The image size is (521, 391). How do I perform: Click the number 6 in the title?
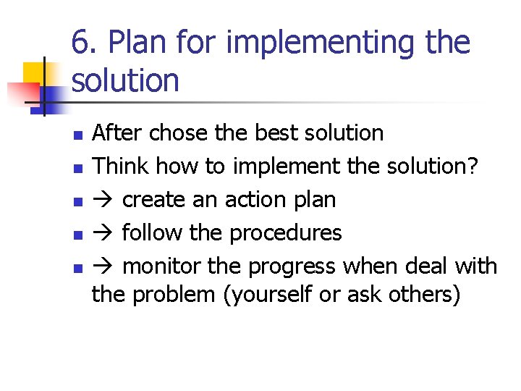click(80, 43)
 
